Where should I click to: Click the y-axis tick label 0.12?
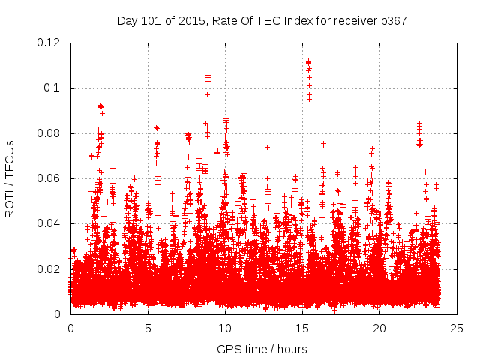pyautogui.click(x=52, y=43)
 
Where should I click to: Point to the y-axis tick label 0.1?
pyautogui.click(x=55, y=88)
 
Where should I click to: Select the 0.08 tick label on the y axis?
pyautogui.click(x=52, y=133)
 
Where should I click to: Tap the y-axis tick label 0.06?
pyautogui.click(x=52, y=178)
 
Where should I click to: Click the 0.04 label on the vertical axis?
pyautogui.click(x=52, y=223)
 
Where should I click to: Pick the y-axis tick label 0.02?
pyautogui.click(x=52, y=268)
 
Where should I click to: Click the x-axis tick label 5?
pyautogui.click(x=148, y=328)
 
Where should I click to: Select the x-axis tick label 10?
pyautogui.click(x=225, y=328)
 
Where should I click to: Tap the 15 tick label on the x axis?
pyautogui.click(x=302, y=328)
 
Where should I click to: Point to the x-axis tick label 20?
pyautogui.click(x=379, y=328)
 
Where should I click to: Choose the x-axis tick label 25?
pyautogui.click(x=457, y=328)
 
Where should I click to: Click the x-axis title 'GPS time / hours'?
pyautogui.click(x=262, y=349)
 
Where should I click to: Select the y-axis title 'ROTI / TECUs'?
pyautogui.click(x=10, y=178)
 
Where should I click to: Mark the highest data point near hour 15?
pyautogui.click(x=308, y=61)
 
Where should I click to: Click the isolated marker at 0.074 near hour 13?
pyautogui.click(x=267, y=147)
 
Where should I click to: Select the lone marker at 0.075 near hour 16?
pyautogui.click(x=323, y=144)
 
